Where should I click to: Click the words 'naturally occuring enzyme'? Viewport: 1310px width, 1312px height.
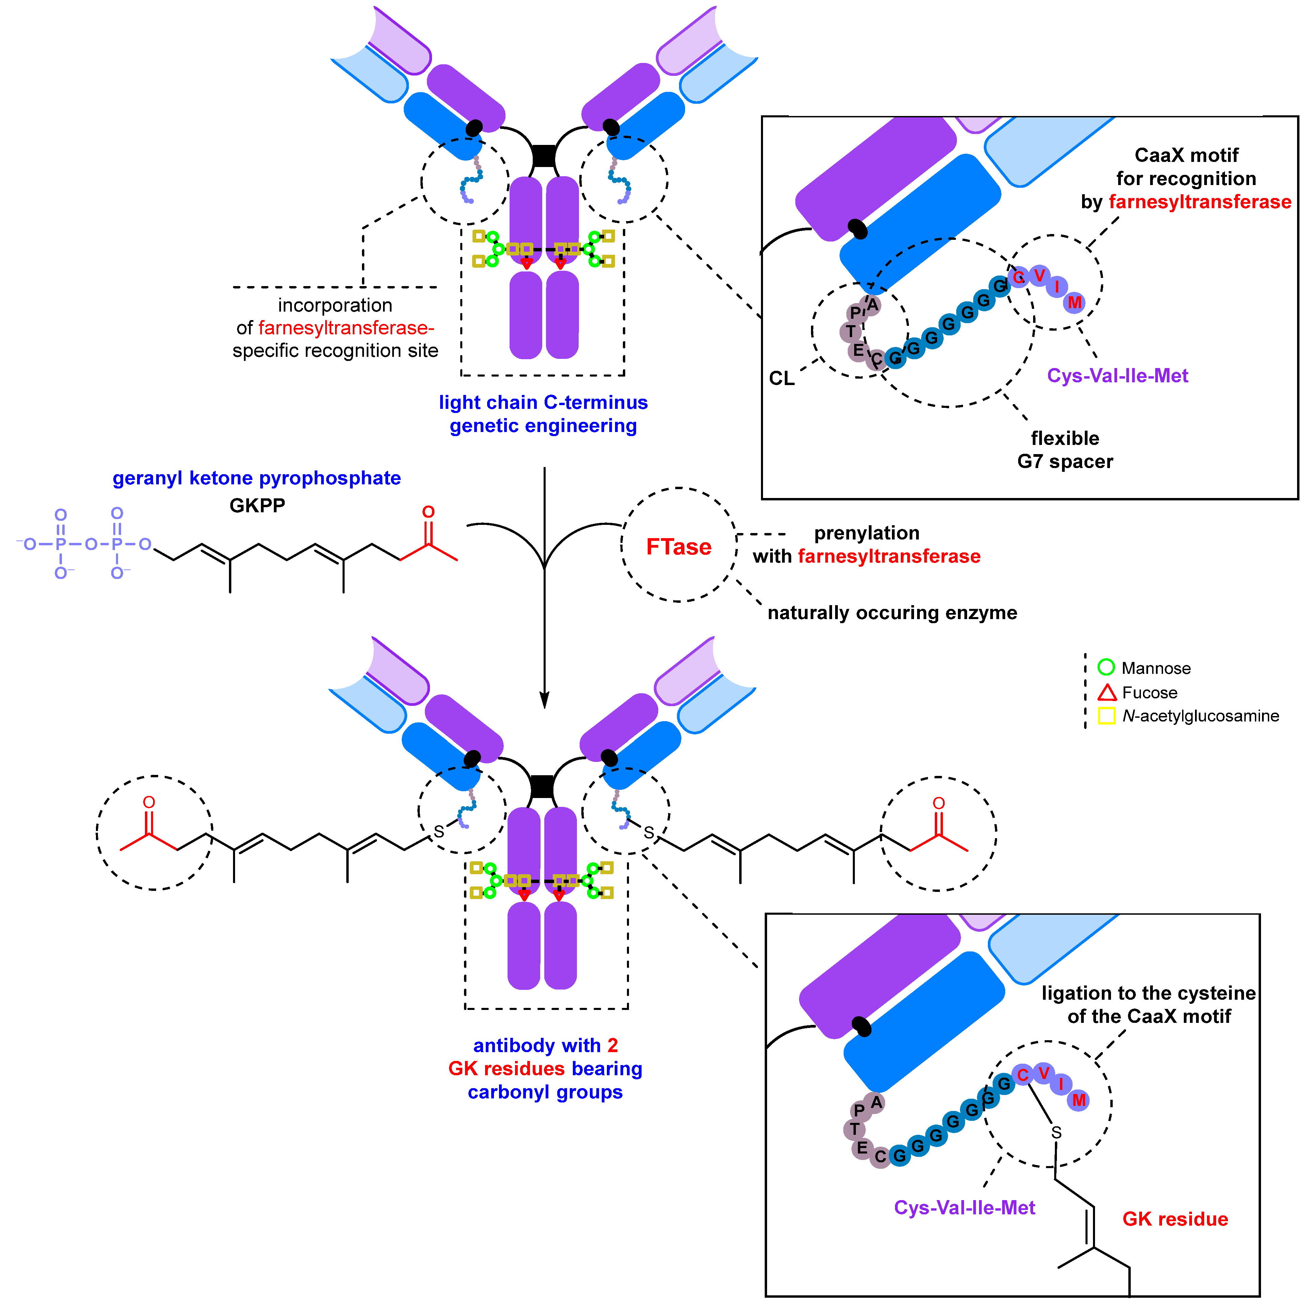pyautogui.click(x=892, y=613)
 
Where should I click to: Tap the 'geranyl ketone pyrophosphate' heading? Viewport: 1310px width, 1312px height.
pyautogui.click(x=257, y=478)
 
